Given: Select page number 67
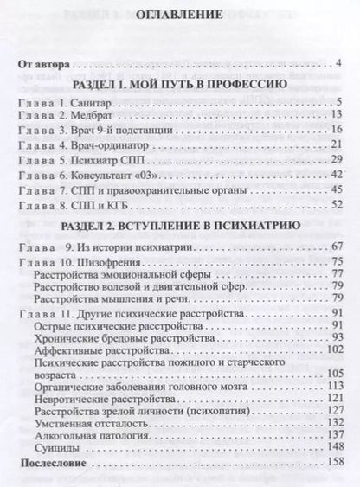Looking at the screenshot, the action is pyautogui.click(x=338, y=247).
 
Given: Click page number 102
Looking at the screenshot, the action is pyautogui.click(x=337, y=348).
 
